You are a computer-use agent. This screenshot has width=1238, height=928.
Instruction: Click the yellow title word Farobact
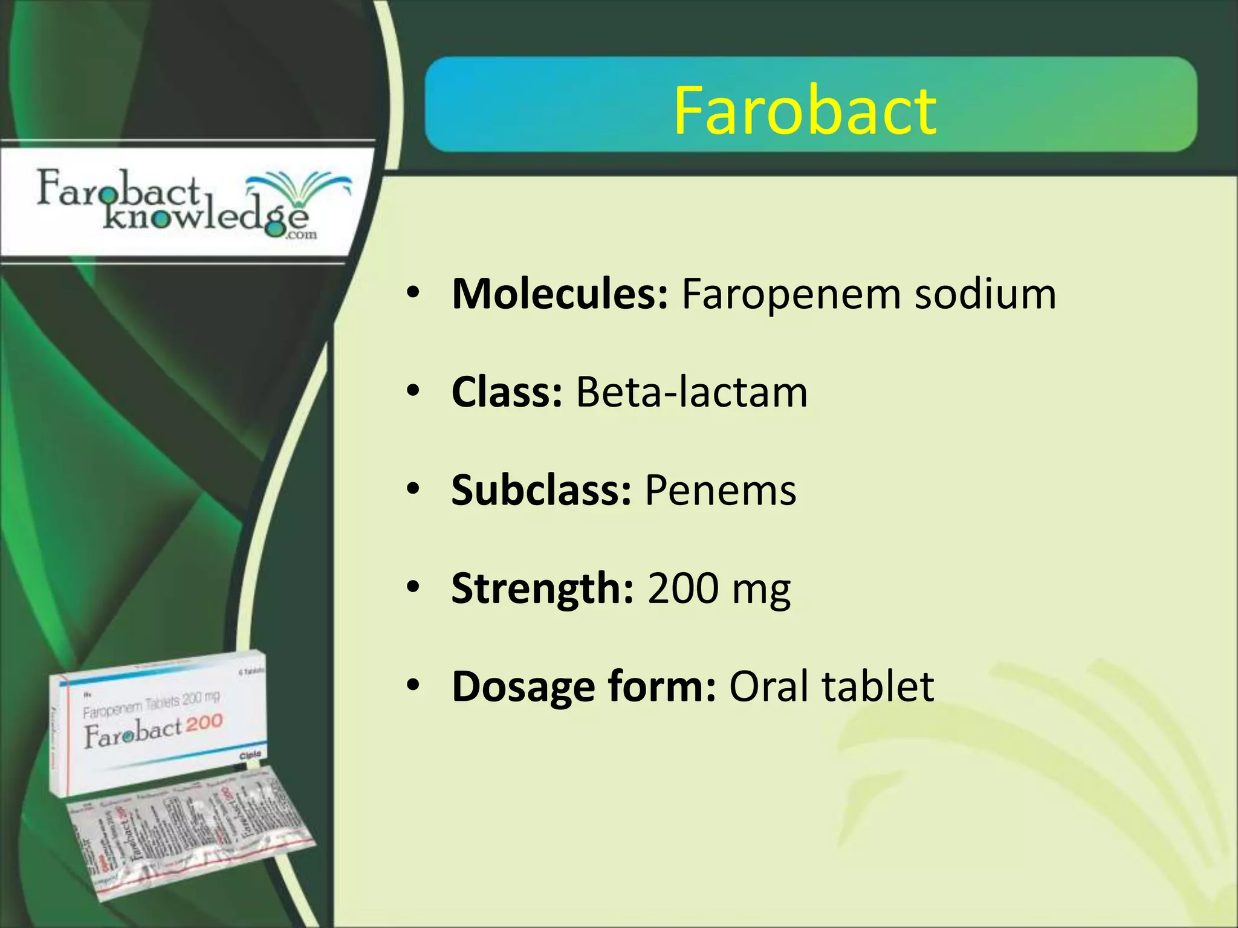coord(805,111)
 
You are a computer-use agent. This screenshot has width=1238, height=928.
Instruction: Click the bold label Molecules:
coord(560,294)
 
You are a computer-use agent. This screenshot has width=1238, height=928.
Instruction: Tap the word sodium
coord(985,294)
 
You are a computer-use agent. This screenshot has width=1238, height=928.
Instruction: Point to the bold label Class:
coord(507,392)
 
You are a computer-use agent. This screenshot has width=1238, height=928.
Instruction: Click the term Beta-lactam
coord(692,392)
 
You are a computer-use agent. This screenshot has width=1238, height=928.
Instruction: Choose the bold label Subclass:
coord(541,490)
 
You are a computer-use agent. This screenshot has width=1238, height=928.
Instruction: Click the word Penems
coord(721,490)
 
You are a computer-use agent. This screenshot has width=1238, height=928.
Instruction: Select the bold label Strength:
coord(542,588)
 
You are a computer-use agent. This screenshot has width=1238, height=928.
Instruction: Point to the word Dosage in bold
coord(523,687)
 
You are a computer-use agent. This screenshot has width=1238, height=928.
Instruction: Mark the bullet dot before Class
coord(413,391)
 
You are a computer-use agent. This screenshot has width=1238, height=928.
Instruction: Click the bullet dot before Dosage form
coord(413,686)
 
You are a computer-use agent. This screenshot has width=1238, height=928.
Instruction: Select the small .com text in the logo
coord(303,234)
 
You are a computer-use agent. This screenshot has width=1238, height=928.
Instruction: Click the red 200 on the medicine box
coord(204,723)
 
